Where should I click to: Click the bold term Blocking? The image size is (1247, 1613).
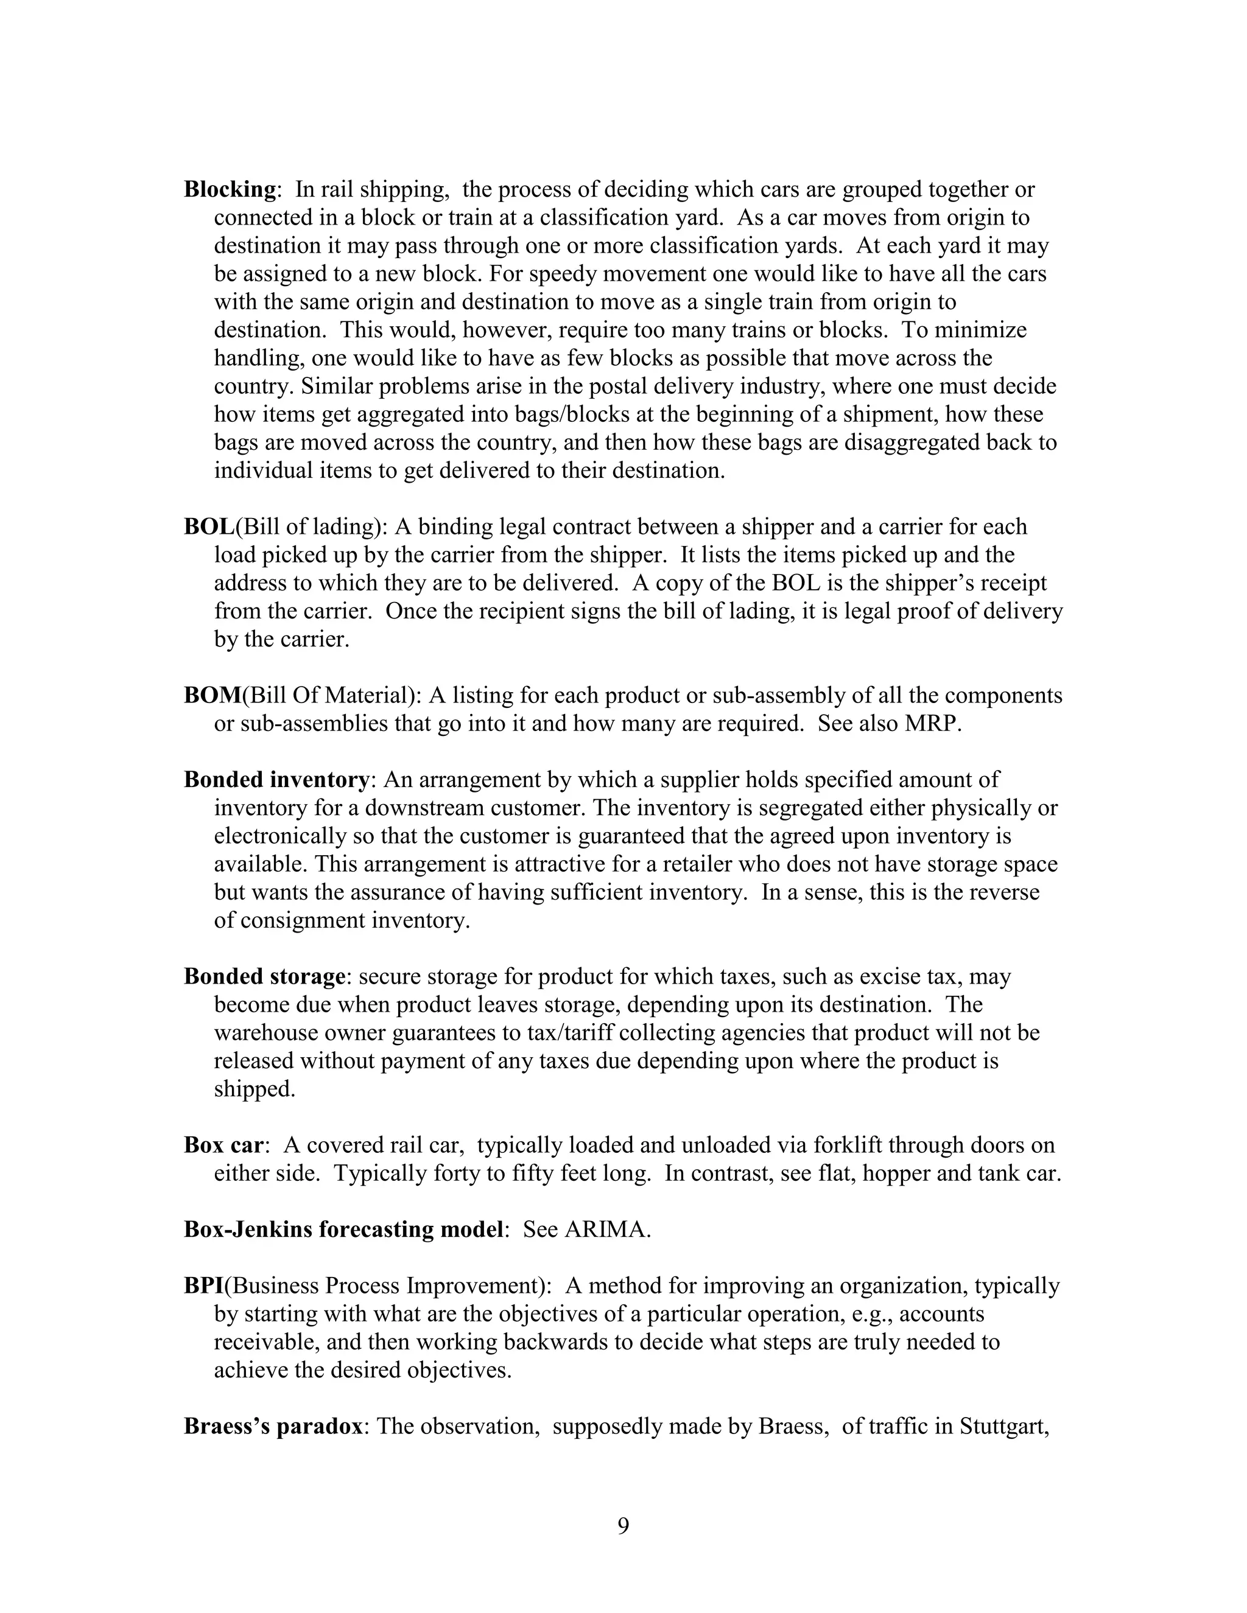pos(229,190)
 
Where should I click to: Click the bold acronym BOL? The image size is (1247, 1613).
pos(208,527)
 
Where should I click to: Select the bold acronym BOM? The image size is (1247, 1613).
pos(212,695)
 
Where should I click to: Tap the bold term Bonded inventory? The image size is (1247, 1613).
pos(276,780)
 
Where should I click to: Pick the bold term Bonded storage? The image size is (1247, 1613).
pos(264,976)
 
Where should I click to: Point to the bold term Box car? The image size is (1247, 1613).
pos(223,1145)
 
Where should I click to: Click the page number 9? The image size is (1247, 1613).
pos(623,1526)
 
